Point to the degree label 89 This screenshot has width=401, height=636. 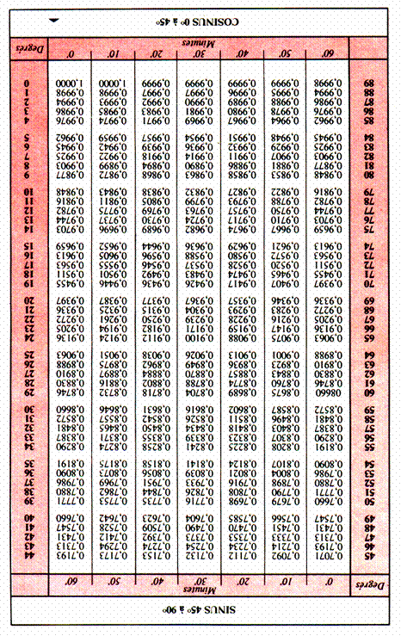[371, 84]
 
